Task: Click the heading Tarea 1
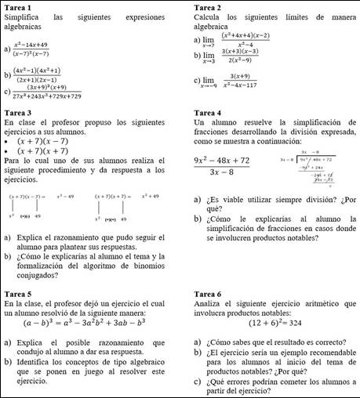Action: click(18, 6)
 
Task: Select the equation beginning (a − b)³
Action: click(85, 321)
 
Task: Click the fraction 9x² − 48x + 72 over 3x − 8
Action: click(221, 166)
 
